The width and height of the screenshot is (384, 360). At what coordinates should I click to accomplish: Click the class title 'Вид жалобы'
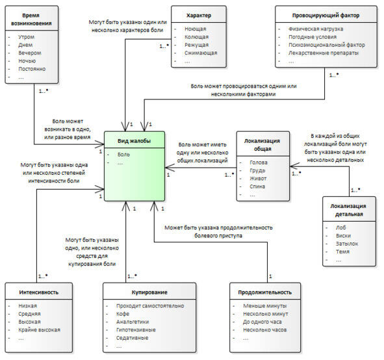click(x=134, y=141)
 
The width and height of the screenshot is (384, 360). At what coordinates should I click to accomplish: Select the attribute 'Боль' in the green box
click(x=123, y=155)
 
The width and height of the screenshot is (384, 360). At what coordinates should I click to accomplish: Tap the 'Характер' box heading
click(x=199, y=16)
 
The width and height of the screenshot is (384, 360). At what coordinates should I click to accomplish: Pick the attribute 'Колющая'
click(x=196, y=37)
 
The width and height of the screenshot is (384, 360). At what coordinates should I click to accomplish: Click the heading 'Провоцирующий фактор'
click(x=326, y=16)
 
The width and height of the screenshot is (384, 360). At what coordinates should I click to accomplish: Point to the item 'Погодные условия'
click(x=313, y=37)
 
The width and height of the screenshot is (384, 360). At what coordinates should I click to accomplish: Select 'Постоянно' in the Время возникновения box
click(x=32, y=69)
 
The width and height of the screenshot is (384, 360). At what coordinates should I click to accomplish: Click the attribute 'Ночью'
click(x=27, y=61)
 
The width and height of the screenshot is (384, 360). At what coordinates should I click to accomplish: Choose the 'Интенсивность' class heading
click(x=39, y=292)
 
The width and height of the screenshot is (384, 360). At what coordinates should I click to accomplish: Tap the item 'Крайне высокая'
click(x=39, y=330)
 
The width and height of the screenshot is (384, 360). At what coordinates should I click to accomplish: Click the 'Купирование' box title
click(x=149, y=292)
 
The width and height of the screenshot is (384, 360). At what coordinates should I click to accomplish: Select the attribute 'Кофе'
click(x=122, y=314)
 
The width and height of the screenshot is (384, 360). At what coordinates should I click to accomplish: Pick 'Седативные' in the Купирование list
click(x=133, y=338)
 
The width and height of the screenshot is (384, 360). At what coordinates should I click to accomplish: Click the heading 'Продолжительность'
click(x=265, y=292)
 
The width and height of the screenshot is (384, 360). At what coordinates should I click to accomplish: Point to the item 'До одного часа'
click(x=262, y=322)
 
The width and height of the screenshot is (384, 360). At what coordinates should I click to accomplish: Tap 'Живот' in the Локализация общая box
click(x=258, y=179)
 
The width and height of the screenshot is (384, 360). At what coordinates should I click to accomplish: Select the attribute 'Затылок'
click(x=347, y=244)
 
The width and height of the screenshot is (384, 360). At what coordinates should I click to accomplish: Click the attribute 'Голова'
click(x=259, y=162)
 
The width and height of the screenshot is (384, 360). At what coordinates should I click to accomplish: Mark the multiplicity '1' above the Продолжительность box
click(x=270, y=276)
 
